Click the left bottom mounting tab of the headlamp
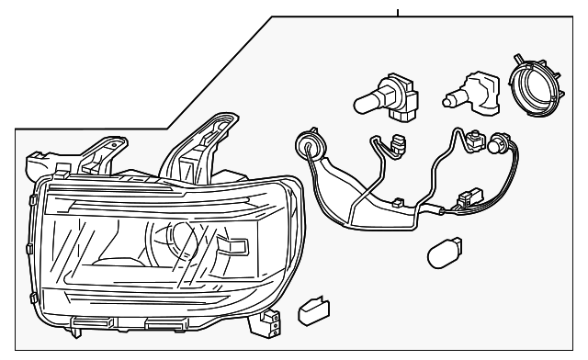click(x=94, y=321)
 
